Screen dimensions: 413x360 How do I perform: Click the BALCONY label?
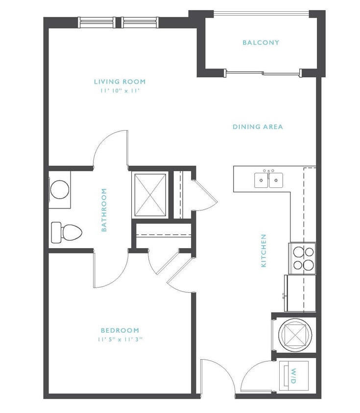click(x=261, y=43)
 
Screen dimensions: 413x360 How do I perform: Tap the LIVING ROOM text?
click(x=120, y=82)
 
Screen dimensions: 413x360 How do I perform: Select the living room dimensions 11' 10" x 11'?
click(x=120, y=91)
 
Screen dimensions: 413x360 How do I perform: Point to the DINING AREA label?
click(x=258, y=127)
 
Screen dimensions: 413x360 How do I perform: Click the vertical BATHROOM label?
click(x=104, y=210)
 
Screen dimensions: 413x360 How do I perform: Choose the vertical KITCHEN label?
click(x=264, y=251)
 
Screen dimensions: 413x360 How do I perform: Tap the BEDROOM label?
click(x=120, y=330)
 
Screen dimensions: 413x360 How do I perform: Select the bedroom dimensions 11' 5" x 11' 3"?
click(x=120, y=339)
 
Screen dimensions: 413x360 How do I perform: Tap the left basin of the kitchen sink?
click(x=261, y=181)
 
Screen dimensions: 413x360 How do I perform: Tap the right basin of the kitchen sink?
click(x=276, y=181)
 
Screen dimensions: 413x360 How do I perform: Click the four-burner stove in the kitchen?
click(x=302, y=258)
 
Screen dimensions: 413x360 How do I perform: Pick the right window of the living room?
click(x=140, y=22)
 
